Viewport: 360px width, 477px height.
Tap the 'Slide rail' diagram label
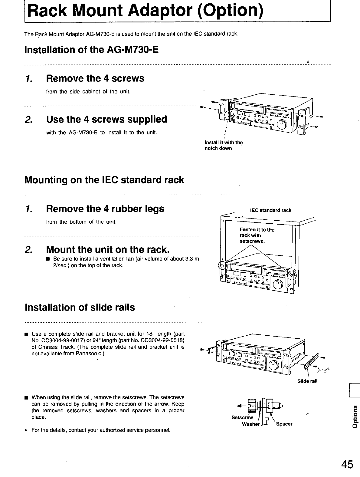308,381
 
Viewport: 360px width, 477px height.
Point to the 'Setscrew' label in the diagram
242,417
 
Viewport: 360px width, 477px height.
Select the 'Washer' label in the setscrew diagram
251,424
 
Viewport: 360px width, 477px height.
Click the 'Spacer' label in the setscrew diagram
284,424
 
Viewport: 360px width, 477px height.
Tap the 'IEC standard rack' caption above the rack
271,210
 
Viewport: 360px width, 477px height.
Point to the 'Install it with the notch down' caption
224,145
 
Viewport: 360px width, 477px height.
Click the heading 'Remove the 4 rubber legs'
105,209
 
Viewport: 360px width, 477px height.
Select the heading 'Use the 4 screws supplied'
106,120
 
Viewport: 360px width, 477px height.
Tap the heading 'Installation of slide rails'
80,308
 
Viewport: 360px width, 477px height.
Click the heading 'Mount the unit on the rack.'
108,250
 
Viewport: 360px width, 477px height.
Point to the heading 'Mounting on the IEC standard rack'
104,180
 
